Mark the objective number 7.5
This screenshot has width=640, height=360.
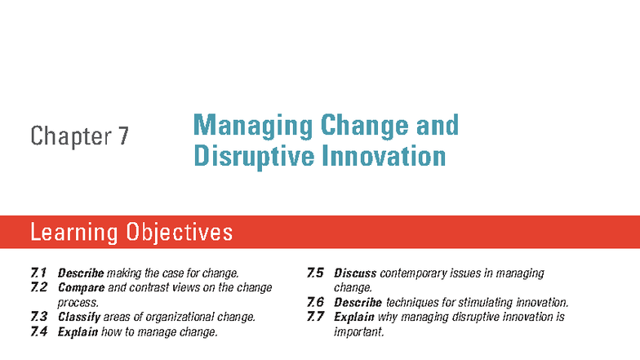[x=315, y=273]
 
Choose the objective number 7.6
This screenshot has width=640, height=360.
[x=315, y=302]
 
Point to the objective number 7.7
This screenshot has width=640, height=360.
[x=315, y=317]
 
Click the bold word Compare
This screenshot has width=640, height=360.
[x=81, y=287]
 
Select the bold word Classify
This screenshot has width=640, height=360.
[x=80, y=317]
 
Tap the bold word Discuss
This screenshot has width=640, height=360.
[x=355, y=273]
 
